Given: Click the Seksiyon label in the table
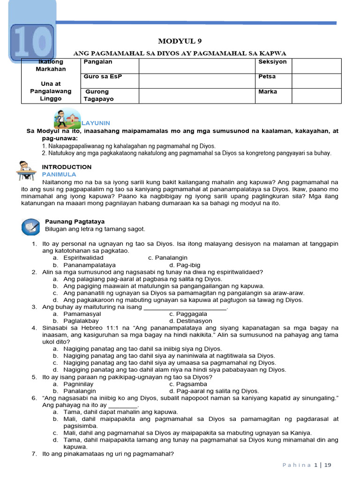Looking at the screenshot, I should point(272,62).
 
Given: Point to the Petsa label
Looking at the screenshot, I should point(267,76).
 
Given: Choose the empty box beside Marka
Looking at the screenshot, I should point(316,95).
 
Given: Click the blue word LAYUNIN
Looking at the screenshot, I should point(96,123).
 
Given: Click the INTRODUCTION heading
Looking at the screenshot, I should point(67,167).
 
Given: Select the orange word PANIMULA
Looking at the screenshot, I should point(59,174).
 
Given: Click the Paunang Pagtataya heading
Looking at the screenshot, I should point(75,221).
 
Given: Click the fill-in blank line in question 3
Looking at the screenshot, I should point(185,307).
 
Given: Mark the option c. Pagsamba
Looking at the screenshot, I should point(188,384).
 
